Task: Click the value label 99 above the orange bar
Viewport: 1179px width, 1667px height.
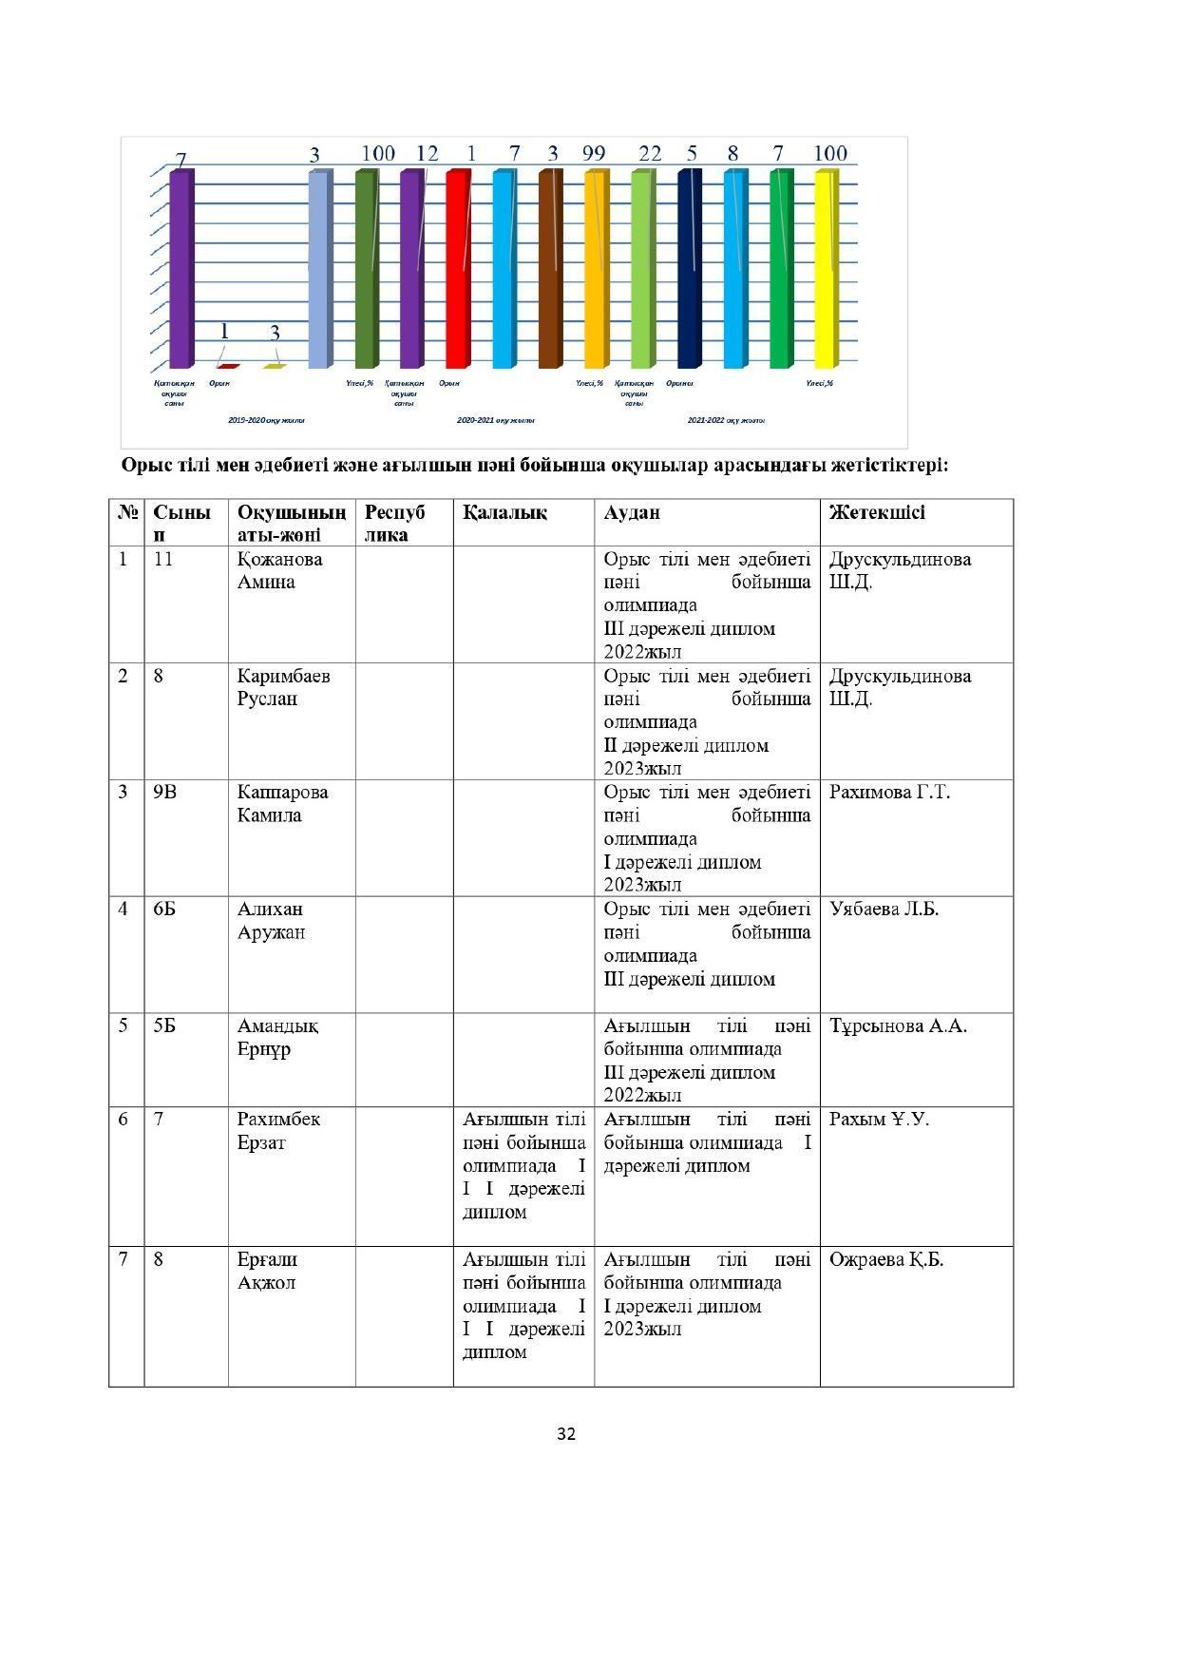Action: (x=594, y=153)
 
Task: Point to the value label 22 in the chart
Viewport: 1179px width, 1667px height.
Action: (x=650, y=153)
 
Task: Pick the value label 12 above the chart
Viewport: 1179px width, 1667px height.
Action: (x=428, y=153)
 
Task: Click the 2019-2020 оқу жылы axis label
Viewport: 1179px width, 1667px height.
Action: (x=267, y=419)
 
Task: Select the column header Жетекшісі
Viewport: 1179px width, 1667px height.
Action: (x=876, y=513)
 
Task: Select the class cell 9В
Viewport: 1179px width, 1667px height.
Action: (x=164, y=792)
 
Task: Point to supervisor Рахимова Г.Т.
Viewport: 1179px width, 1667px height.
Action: (x=889, y=792)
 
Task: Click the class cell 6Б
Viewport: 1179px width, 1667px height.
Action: (x=164, y=909)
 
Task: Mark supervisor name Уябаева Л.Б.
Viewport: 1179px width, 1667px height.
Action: (x=884, y=909)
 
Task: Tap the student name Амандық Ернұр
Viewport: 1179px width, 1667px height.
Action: (x=277, y=1037)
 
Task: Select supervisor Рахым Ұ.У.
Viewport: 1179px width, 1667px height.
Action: (x=879, y=1119)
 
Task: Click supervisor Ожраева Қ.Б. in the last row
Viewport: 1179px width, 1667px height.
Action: (x=885, y=1259)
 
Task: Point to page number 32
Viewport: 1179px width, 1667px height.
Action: (x=566, y=1433)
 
